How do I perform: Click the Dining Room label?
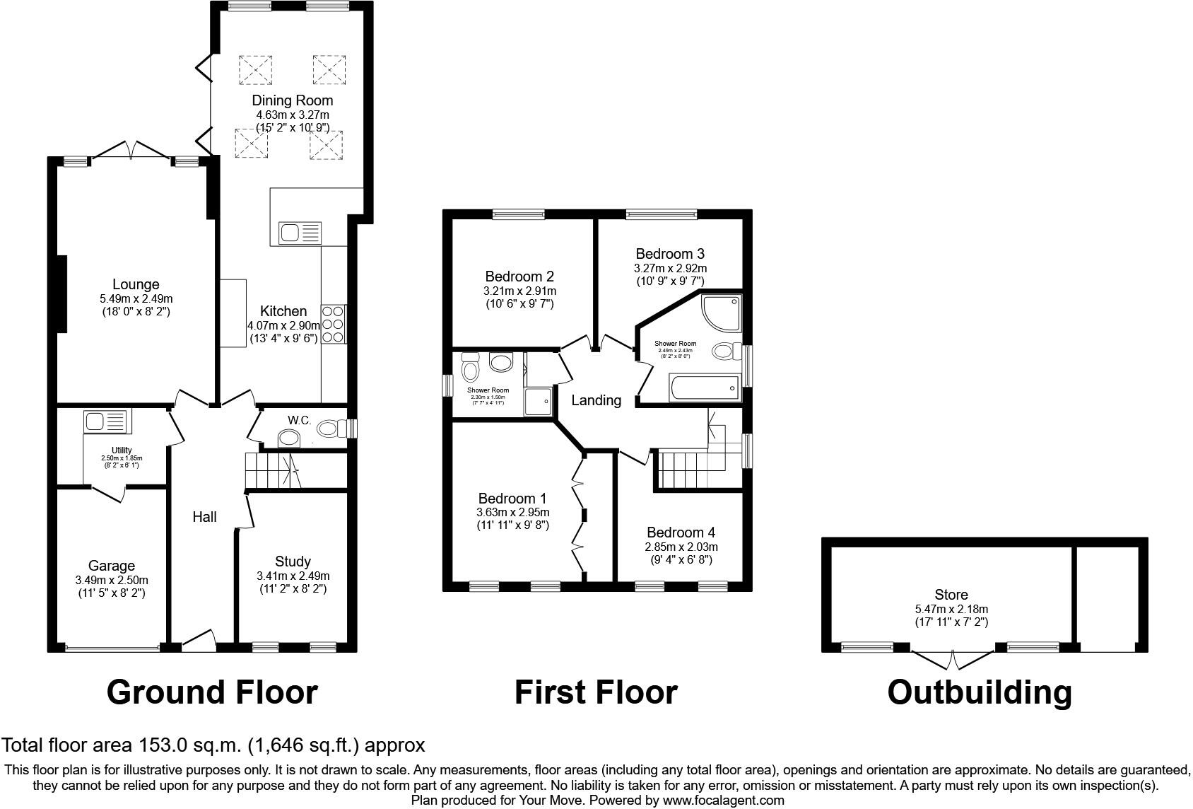point(292,100)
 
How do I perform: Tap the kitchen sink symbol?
point(300,232)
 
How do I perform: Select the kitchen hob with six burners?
point(334,324)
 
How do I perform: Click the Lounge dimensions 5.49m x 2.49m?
point(136,299)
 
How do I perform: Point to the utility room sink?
point(105,422)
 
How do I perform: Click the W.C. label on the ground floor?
point(299,420)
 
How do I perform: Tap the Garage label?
point(112,566)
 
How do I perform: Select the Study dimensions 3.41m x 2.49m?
point(293,576)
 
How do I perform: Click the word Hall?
point(205,517)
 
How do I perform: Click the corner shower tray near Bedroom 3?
point(722,313)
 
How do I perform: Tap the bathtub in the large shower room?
point(703,388)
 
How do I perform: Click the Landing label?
point(596,400)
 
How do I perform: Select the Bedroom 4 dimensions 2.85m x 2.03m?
point(681,547)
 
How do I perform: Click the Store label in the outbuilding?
point(951,595)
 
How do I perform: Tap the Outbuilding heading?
point(980,692)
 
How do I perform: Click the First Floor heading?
point(596,692)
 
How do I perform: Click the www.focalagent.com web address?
point(723,801)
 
